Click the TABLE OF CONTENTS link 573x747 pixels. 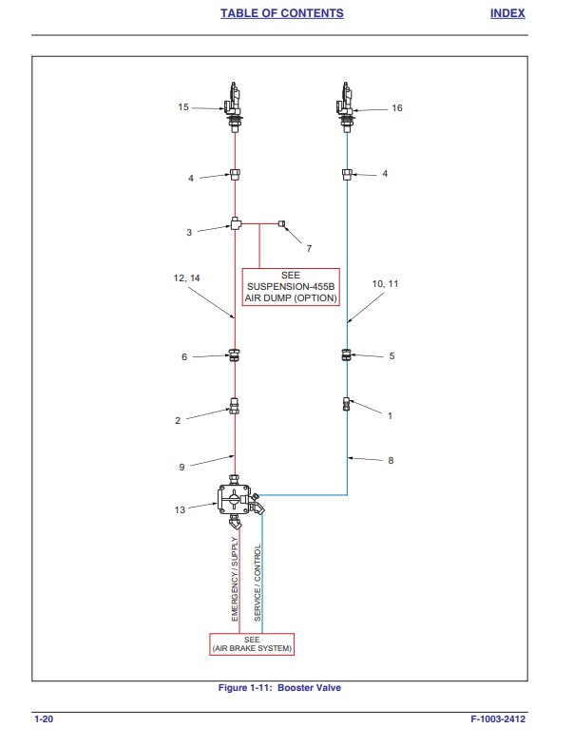pyautogui.click(x=281, y=13)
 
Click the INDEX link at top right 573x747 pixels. pyautogui.click(x=507, y=13)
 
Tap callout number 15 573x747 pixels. pyautogui.click(x=183, y=107)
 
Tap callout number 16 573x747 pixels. pyautogui.click(x=397, y=108)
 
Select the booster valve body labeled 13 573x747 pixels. pyautogui.click(x=234, y=499)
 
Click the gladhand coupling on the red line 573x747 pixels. pyautogui.click(x=233, y=107)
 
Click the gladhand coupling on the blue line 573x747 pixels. pyautogui.click(x=345, y=107)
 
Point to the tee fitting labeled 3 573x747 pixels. pyautogui.click(x=236, y=223)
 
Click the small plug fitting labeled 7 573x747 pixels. pyautogui.click(x=281, y=223)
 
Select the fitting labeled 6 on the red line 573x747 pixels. pyautogui.click(x=234, y=354)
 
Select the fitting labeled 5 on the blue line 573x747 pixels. pyautogui.click(x=346, y=354)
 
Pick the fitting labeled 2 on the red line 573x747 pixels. pyautogui.click(x=234, y=406)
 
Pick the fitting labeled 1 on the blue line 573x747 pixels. pyautogui.click(x=346, y=404)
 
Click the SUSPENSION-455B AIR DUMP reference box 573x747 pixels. pyautogui.click(x=291, y=287)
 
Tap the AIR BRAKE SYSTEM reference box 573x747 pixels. pyautogui.click(x=252, y=644)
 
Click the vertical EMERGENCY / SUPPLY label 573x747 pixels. pyautogui.click(x=235, y=579)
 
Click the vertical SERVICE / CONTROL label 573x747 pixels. pyautogui.click(x=258, y=583)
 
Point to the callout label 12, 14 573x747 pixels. pyautogui.click(x=186, y=278)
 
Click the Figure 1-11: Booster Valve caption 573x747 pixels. pyautogui.click(x=279, y=687)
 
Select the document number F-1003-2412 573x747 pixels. pyautogui.click(x=498, y=718)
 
